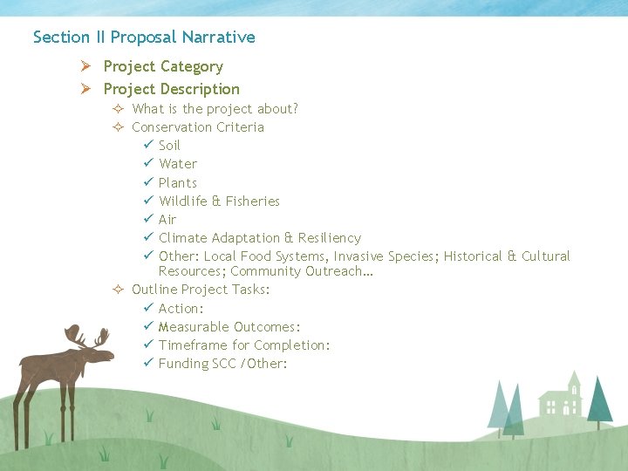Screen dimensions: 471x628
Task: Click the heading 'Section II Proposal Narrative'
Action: tap(144, 38)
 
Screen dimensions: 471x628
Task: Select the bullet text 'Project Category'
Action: tap(163, 66)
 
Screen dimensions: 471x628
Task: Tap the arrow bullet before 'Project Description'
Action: tap(85, 89)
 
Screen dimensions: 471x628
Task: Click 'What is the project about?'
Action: tap(215, 109)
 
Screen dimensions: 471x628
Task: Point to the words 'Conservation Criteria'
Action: tap(198, 127)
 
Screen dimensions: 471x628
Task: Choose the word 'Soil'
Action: tap(169, 146)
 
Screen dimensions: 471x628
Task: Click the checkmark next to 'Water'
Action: tap(148, 164)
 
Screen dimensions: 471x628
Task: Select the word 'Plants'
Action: tap(178, 183)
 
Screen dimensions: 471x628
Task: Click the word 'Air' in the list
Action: tap(167, 220)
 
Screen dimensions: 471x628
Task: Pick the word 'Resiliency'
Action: tap(329, 238)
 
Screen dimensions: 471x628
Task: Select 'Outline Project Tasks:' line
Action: tap(201, 290)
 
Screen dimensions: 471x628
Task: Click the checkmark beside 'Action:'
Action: tap(148, 309)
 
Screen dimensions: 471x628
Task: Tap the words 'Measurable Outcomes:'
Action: tap(229, 327)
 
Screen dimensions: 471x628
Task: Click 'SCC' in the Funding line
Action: tap(224, 364)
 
